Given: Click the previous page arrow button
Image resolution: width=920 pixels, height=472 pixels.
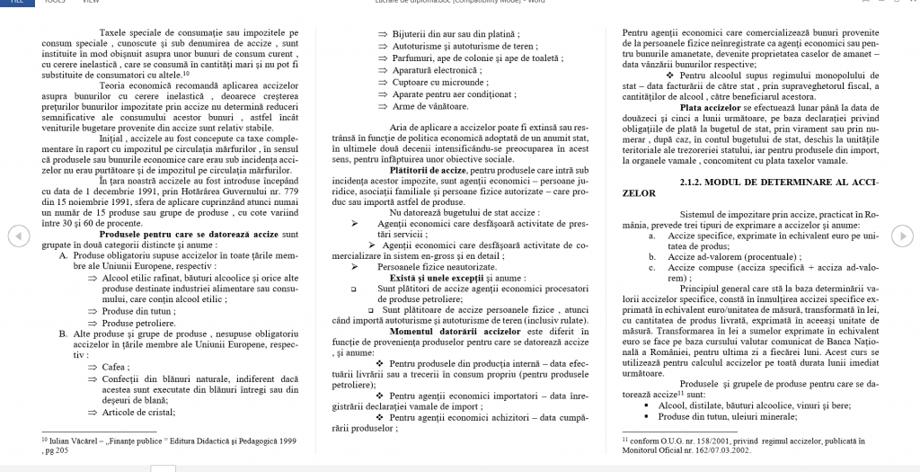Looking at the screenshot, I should [15, 236].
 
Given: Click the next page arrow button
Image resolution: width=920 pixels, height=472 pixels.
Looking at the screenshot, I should [903, 236].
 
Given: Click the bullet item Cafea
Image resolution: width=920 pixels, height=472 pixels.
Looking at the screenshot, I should [113, 367].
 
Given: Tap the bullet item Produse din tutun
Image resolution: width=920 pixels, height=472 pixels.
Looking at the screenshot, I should [129, 311].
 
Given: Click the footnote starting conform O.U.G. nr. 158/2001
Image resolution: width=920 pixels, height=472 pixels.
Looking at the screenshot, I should [733, 441].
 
